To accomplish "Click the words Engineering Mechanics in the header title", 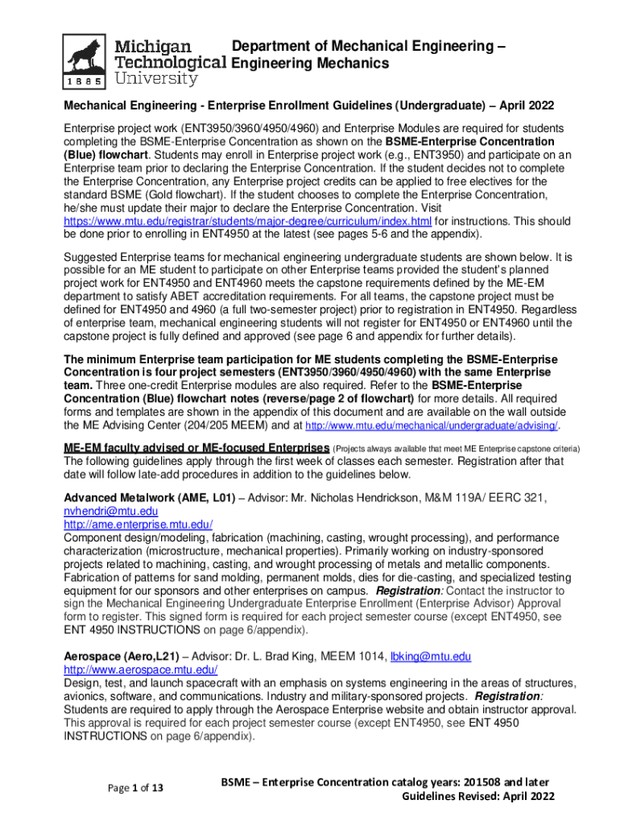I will point(310,63).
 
